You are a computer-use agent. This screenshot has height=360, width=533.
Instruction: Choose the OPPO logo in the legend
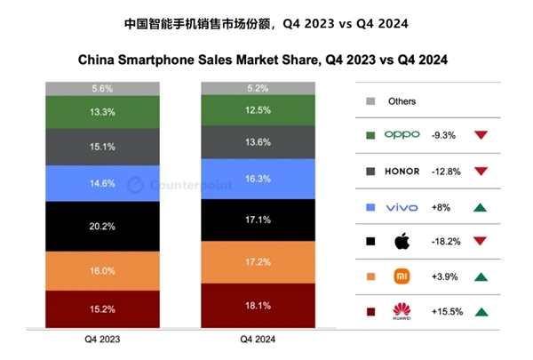coord(403,135)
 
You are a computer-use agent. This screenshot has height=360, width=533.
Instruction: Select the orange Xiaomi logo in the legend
coord(402,276)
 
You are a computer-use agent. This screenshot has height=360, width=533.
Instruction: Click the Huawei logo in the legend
coord(402,311)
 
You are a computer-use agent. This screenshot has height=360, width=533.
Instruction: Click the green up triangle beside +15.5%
coord(481,311)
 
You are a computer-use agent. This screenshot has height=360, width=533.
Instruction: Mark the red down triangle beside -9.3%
coord(481,135)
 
